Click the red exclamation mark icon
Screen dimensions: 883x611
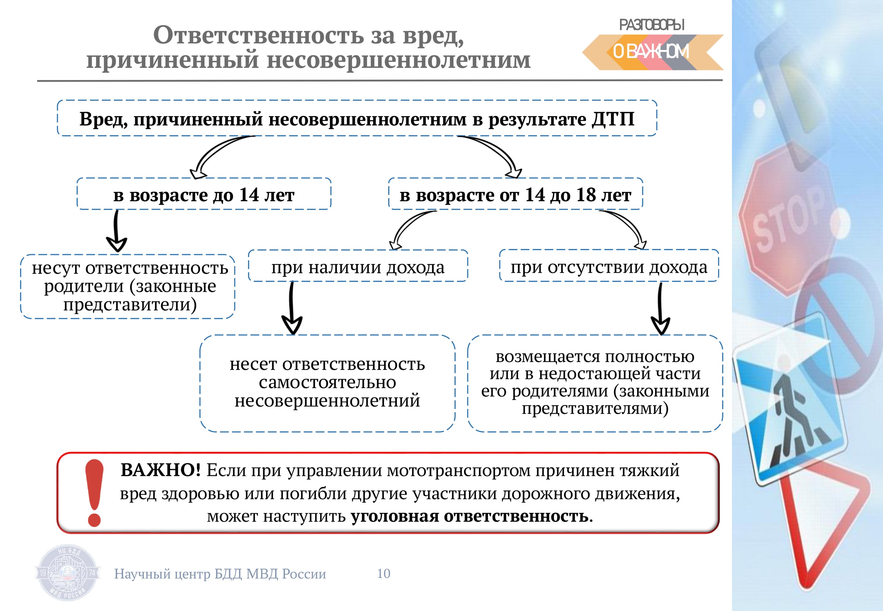pos(94,493)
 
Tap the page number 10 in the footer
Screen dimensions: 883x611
pos(384,573)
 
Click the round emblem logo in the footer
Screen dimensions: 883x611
pos(68,573)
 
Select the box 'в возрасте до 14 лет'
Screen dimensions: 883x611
pos(204,194)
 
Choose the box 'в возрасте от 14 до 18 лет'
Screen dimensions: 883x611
pos(515,194)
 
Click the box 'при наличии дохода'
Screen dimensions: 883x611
pos(358,266)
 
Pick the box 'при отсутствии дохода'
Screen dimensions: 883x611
pos(609,266)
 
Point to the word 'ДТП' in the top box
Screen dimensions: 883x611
pos(613,119)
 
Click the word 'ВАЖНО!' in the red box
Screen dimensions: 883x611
pos(160,470)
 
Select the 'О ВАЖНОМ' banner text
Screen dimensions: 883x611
pos(651,52)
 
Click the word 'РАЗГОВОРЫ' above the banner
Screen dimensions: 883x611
pos(652,25)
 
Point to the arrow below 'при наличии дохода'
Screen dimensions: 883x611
pos(292,308)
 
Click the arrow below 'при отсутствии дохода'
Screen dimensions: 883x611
pos(660,309)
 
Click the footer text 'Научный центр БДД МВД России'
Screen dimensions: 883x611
pos(220,574)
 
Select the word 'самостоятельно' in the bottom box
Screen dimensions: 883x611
pos(327,382)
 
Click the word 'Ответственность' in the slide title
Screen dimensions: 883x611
pos(258,35)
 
